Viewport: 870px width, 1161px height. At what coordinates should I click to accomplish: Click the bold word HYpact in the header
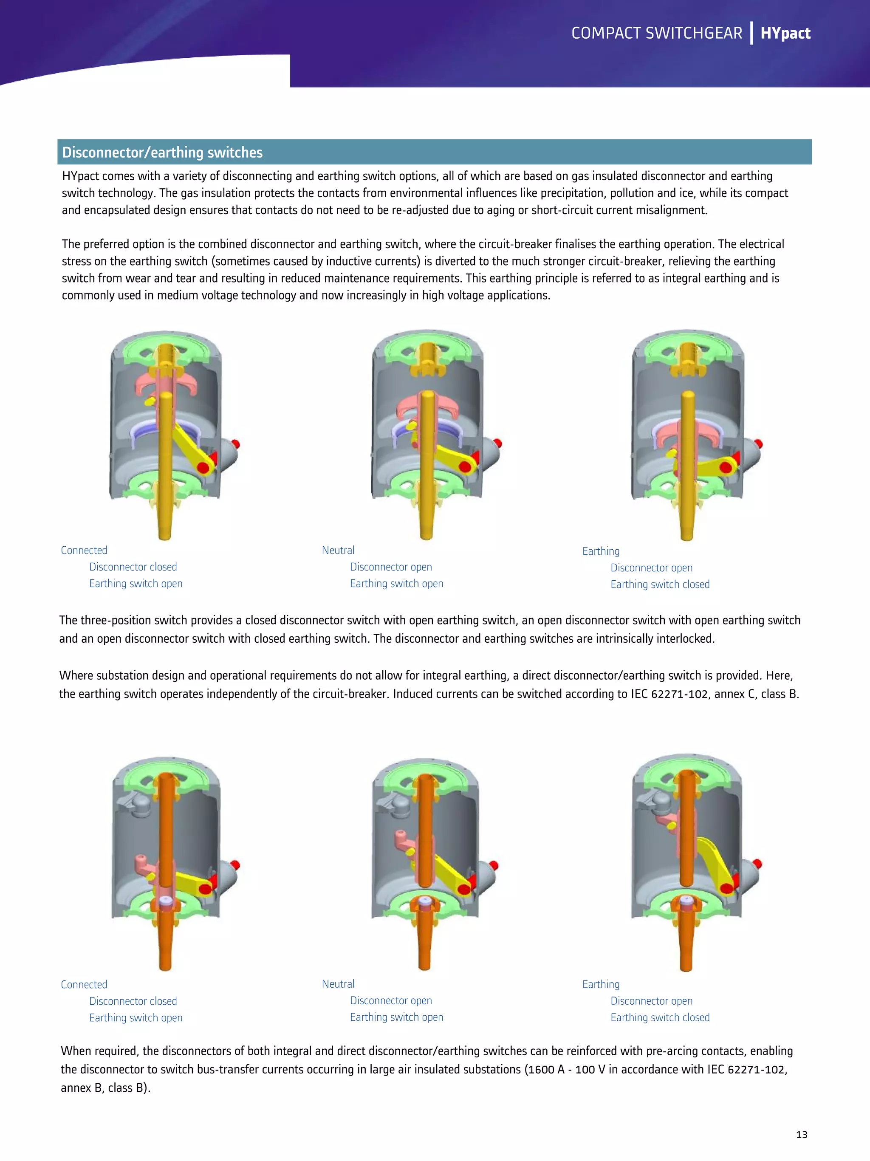785,33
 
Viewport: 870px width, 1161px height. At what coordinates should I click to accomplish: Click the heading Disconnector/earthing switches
162,152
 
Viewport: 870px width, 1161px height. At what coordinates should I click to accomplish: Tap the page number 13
801,1134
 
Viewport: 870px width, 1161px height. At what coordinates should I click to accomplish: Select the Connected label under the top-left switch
84,550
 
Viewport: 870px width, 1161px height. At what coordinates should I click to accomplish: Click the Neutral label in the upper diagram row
338,550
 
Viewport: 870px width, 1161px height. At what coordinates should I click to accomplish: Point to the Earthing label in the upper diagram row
601,551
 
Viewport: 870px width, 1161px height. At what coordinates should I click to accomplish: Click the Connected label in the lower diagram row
84,984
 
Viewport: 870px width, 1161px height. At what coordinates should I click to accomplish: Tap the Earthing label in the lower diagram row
601,984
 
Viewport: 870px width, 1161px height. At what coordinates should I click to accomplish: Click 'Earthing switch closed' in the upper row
660,584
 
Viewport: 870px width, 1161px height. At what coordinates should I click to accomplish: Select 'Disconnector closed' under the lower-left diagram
133,1001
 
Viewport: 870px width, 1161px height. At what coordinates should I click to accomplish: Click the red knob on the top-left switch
236,444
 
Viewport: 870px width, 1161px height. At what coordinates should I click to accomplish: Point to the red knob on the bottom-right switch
757,864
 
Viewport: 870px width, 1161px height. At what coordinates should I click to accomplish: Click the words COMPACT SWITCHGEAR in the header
656,33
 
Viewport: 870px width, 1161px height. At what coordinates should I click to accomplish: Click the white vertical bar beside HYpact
751,33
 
